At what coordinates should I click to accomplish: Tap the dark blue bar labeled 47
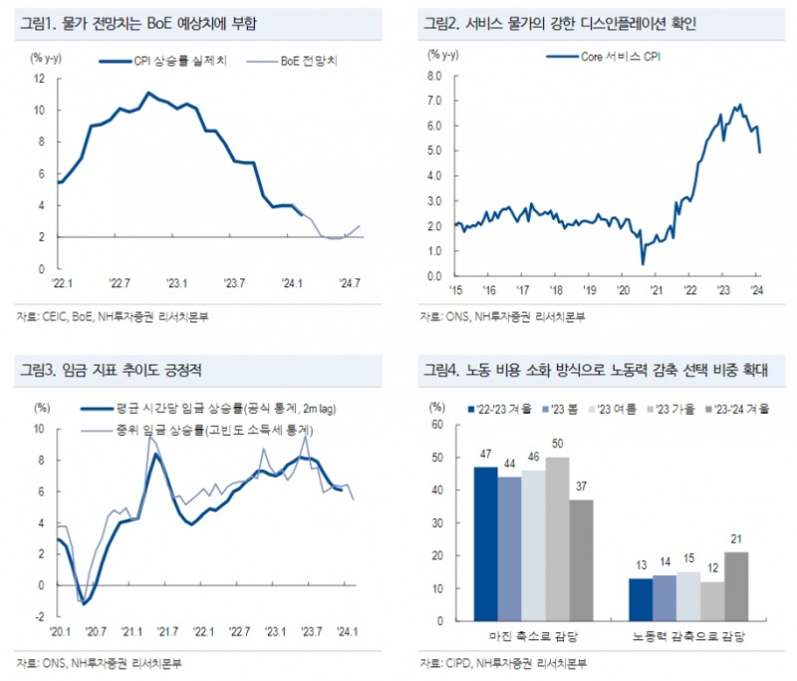[484, 543]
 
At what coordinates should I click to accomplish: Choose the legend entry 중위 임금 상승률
[189, 428]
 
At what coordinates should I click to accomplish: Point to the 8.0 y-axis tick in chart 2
[433, 75]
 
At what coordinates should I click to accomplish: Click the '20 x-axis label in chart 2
[623, 291]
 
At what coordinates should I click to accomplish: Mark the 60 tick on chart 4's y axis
[435, 425]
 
